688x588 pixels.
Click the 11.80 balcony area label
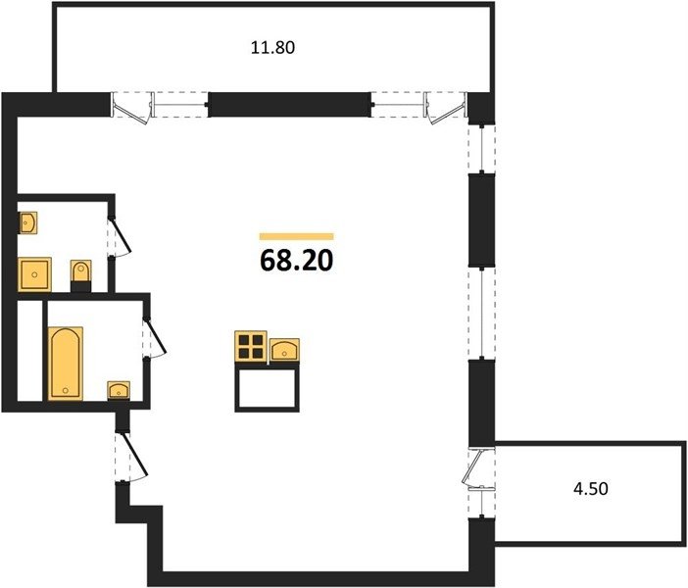[272, 47]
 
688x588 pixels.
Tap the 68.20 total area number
[297, 261]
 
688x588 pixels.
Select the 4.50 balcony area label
[591, 488]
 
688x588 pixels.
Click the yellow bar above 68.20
[297, 236]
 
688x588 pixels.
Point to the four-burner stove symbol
[251, 347]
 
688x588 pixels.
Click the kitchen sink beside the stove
[284, 351]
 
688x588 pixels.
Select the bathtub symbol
[66, 364]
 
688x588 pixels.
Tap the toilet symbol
[80, 275]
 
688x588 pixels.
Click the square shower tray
[34, 274]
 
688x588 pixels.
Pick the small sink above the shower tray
[27, 222]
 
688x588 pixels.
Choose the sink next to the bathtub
[119, 390]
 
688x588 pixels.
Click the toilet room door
[121, 236]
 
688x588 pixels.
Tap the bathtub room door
[155, 337]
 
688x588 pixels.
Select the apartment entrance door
[131, 457]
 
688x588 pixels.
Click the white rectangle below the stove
[268, 388]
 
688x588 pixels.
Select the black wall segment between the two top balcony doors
[287, 105]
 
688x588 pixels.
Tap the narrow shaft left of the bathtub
[29, 350]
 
